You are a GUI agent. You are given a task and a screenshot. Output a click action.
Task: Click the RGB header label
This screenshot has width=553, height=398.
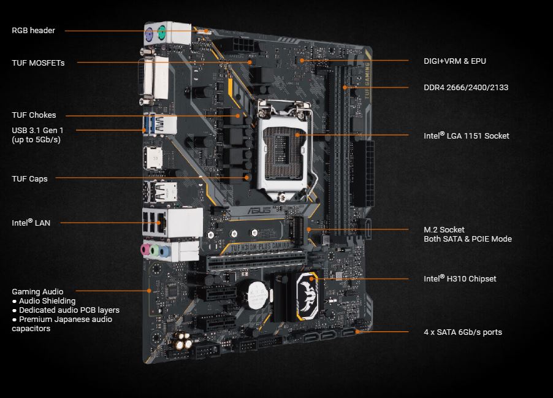[x=33, y=30]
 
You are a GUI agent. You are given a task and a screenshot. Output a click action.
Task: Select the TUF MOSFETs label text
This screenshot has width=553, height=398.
[x=38, y=63]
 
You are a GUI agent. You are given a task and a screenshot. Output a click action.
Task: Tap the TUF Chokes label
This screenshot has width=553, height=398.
[x=34, y=115]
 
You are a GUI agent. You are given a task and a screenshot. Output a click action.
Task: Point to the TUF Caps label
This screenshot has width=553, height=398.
[x=29, y=178]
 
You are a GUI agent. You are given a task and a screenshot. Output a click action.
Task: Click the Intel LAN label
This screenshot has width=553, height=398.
[x=31, y=223]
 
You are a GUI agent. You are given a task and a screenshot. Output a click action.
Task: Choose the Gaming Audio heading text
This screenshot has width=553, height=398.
[x=37, y=291]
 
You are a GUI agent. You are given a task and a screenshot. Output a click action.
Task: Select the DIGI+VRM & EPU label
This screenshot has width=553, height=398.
[x=455, y=61]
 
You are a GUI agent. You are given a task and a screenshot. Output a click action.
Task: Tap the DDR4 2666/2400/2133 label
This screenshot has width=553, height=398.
[x=466, y=88]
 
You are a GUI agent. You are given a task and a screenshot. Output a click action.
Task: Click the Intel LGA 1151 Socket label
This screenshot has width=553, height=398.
[x=467, y=136]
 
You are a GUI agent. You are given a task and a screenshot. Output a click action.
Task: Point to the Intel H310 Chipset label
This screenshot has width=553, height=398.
[x=460, y=278]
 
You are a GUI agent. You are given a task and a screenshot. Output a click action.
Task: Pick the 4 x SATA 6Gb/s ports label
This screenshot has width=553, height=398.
[x=463, y=332]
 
